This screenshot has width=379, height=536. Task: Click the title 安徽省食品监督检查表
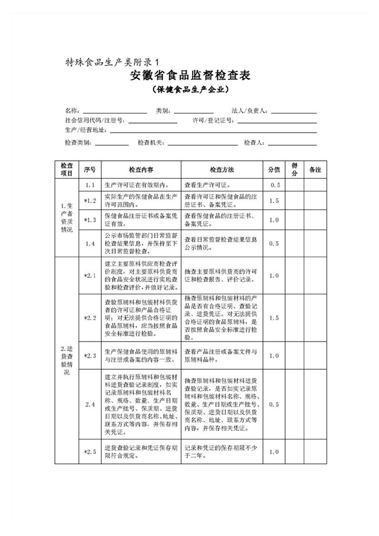click(190, 76)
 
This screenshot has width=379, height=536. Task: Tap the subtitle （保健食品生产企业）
click(189, 89)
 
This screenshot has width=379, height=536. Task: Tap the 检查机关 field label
click(152, 143)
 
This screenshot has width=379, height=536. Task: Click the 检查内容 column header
click(141, 170)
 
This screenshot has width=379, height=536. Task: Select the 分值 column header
click(274, 170)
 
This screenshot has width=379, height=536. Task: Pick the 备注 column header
click(315, 170)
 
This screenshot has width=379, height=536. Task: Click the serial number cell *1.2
click(90, 201)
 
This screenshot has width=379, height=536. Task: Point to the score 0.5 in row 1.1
click(274, 185)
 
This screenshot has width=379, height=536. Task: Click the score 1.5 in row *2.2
click(274, 318)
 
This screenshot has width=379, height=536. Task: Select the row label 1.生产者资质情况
click(67, 217)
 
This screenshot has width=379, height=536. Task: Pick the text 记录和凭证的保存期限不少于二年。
click(221, 452)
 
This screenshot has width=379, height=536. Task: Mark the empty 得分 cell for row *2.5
click(294, 452)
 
